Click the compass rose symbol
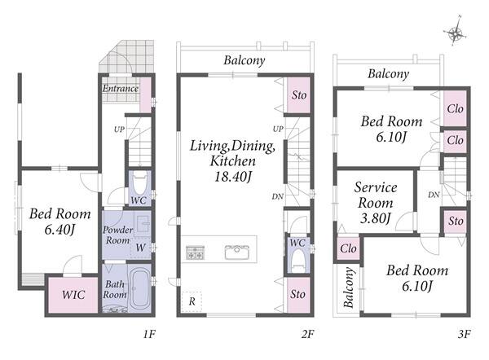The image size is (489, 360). [x=456, y=33]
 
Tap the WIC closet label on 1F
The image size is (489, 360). [x=73, y=295]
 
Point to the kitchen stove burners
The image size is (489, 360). [x=196, y=252]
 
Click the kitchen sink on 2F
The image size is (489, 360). [x=237, y=252]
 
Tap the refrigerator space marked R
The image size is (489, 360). [x=192, y=301]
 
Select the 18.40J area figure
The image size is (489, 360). [x=233, y=177]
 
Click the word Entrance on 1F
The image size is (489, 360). [x=121, y=89]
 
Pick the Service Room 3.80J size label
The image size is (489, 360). [x=375, y=217]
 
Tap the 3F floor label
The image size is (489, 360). [x=464, y=334]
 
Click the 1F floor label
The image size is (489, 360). [x=149, y=334]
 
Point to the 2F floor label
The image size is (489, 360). [x=307, y=334]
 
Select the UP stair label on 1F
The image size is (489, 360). [x=119, y=129]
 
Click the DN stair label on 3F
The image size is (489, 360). [x=434, y=195]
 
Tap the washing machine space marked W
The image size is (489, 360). [x=140, y=248]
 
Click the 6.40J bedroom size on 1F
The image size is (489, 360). [x=59, y=230]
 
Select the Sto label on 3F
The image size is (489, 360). [x=456, y=221]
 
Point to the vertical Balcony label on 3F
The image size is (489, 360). [x=349, y=288]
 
